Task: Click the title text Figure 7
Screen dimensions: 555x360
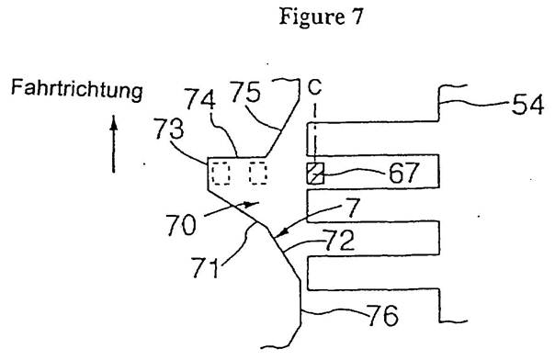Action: tap(321, 17)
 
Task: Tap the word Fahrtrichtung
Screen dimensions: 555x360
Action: tap(77, 89)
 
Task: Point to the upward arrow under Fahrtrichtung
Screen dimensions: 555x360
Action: tap(114, 144)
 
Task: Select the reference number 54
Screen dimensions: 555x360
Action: tap(527, 105)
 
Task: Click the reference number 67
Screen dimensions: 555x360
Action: tap(403, 173)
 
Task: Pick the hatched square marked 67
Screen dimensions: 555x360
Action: tap(315, 174)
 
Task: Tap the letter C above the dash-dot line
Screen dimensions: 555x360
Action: tap(314, 87)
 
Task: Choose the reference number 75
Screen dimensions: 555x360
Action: tap(245, 92)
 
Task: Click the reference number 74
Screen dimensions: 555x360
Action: tap(200, 99)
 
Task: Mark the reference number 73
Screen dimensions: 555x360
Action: tap(168, 129)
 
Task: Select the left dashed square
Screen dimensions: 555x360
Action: tap(221, 174)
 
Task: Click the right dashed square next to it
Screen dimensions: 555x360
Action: tap(257, 173)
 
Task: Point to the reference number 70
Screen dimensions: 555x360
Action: tap(181, 225)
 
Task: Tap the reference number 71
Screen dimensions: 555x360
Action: tap(205, 267)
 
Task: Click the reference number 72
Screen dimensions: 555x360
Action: tap(339, 240)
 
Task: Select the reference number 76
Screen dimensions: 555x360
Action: tap(383, 315)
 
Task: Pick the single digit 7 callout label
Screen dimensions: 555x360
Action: tap(353, 208)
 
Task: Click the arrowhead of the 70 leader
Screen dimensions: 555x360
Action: tap(253, 204)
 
